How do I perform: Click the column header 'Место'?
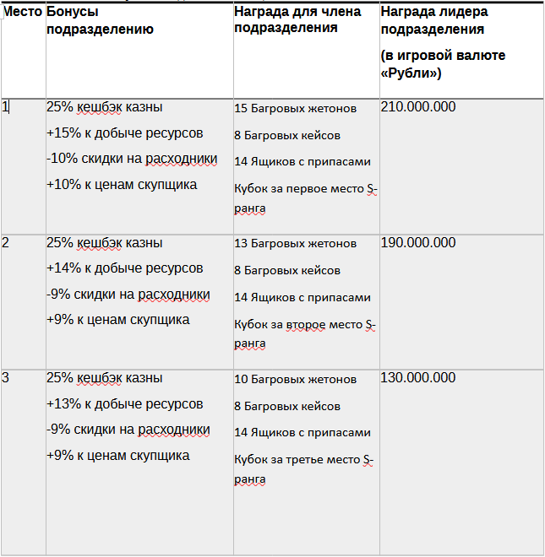(x=23, y=13)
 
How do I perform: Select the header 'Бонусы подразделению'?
(x=100, y=21)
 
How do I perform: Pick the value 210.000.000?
(x=418, y=107)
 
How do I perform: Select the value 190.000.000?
(x=418, y=243)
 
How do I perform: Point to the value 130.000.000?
(x=418, y=378)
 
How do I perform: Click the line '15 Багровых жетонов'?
(x=295, y=109)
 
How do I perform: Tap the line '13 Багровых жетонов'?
(x=295, y=244)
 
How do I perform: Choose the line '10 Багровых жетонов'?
(x=295, y=380)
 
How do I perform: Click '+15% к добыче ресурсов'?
(x=124, y=133)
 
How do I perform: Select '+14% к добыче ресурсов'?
(x=124, y=268)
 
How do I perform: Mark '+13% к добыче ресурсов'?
(x=124, y=404)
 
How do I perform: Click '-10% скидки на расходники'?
(x=132, y=159)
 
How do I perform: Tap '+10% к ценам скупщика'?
(x=122, y=185)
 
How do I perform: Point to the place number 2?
(x=6, y=243)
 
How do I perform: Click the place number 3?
(x=6, y=378)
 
